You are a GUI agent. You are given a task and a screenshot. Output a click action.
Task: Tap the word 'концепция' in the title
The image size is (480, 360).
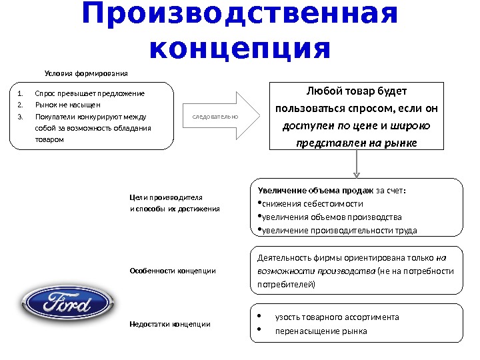coord(240,48)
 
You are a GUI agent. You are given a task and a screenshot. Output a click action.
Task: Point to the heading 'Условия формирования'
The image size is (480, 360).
coord(85,72)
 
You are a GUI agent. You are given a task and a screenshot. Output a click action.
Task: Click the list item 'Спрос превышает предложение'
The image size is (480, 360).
coord(89,93)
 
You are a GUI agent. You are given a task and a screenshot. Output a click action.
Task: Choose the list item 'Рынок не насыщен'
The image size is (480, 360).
coord(67,104)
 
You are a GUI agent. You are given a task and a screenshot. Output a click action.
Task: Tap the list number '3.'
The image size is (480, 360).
coord(20,116)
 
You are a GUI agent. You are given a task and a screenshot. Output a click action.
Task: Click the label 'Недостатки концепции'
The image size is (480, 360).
coord(169,324)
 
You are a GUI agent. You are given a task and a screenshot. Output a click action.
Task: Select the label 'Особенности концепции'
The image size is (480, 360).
coord(172,271)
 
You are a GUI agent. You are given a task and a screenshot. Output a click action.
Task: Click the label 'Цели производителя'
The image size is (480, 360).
coord(165,197)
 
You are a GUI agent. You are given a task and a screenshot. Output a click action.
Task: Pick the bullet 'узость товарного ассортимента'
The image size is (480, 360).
coord(337,317)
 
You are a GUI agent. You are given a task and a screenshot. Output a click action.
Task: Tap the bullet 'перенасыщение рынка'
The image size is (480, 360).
coord(321,331)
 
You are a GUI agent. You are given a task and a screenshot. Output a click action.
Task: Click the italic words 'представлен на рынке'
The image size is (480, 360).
coord(356,143)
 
